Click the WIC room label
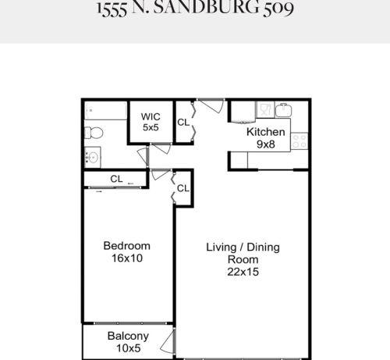[151, 116]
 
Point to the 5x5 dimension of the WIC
[151, 127]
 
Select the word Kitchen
[265, 132]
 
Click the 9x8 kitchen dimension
[266, 144]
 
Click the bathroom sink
[92, 156]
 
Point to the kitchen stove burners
[300, 141]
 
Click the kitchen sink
[283, 110]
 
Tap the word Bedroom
[127, 246]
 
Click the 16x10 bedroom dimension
[127, 258]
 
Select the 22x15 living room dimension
[243, 272]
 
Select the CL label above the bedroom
[116, 179]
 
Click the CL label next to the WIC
[183, 122]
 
